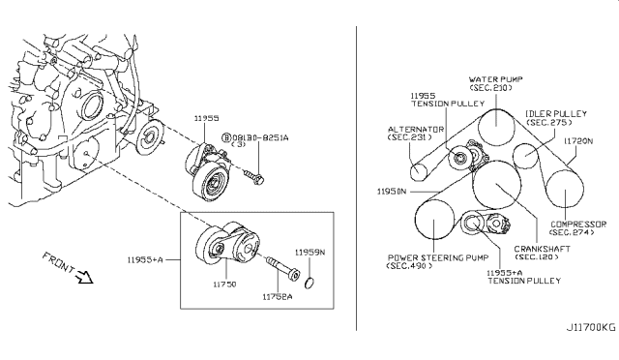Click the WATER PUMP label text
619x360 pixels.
(x=495, y=80)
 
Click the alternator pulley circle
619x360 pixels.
(x=419, y=172)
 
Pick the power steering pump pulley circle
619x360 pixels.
(x=435, y=226)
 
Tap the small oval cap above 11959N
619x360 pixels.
(x=310, y=285)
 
